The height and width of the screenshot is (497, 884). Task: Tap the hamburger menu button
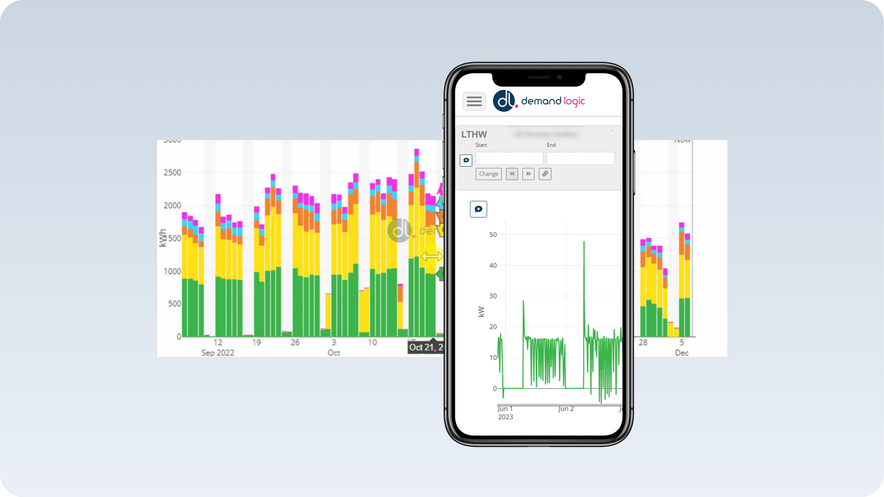tap(474, 101)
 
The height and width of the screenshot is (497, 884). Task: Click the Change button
tap(488, 174)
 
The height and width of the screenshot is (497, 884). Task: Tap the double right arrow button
tap(528, 174)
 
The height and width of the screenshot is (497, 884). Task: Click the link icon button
tap(545, 174)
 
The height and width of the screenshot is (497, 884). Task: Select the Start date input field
tap(509, 158)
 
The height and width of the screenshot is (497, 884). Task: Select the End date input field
tap(580, 158)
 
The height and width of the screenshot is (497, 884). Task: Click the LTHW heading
tap(474, 134)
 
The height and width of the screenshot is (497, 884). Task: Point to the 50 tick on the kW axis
tap(493, 235)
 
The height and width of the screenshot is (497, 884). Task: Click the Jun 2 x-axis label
tap(566, 409)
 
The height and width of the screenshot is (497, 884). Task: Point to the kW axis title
tap(481, 311)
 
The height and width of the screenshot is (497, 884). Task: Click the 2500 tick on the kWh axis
tap(172, 173)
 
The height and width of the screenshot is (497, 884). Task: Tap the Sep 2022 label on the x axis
tap(217, 353)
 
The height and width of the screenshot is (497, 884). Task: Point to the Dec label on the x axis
tap(682, 353)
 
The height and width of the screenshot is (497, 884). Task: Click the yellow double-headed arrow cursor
tap(432, 256)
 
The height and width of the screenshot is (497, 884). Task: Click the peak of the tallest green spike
tap(584, 242)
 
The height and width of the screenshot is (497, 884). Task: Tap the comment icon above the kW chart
tap(478, 209)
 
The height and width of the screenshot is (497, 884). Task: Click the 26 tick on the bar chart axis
tap(295, 342)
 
